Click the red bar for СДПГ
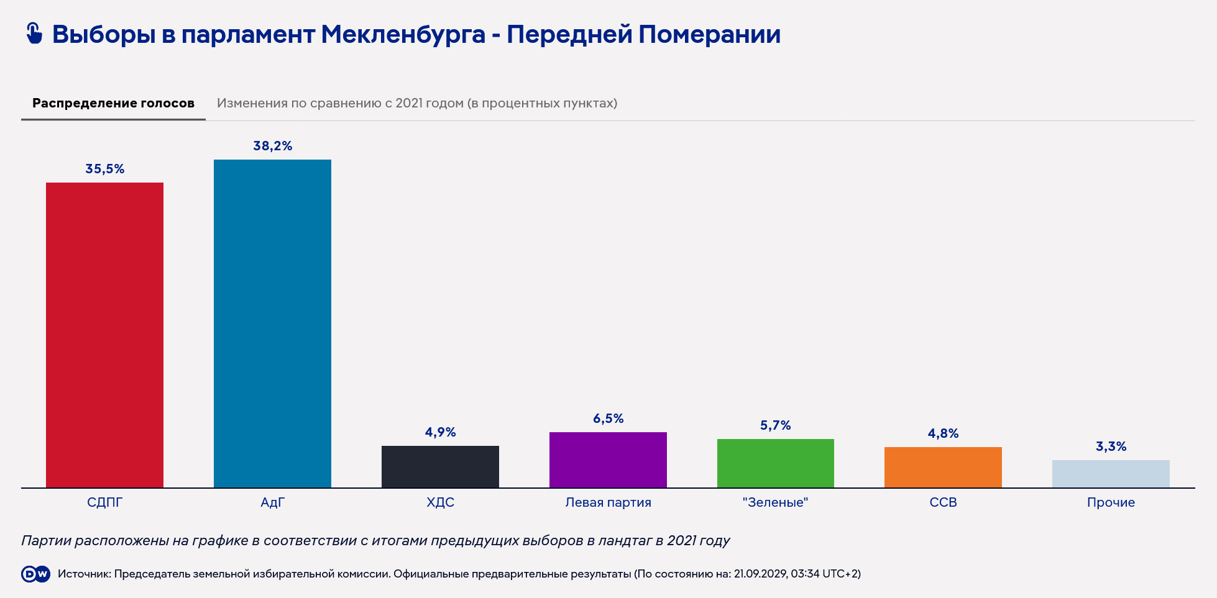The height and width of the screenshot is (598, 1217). pos(104,335)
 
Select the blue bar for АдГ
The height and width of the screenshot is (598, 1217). pos(272,324)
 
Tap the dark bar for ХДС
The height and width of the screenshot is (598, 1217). pos(440,466)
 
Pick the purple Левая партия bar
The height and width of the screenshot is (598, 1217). pos(608,460)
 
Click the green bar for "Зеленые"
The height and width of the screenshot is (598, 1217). pos(776,463)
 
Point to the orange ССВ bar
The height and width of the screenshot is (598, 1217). pos(943,467)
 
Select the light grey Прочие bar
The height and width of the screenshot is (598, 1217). pos(1111,474)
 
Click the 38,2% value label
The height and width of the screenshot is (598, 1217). pos(272,146)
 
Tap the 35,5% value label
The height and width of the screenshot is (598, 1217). pos(104,169)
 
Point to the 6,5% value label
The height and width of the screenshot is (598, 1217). pos(608,419)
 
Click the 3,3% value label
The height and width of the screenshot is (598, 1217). pos(1111,446)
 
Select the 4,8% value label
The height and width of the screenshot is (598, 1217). pos(943,433)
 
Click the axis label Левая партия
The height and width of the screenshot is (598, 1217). pos(608,502)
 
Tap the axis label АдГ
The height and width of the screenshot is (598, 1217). pos(272,502)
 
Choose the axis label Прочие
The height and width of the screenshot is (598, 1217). pos(1111,502)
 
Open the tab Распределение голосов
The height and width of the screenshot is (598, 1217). pos(113,103)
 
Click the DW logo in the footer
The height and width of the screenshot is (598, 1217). pos(35,574)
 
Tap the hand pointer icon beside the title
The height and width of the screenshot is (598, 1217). pos(34,34)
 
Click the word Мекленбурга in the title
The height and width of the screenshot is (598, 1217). pos(403,34)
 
